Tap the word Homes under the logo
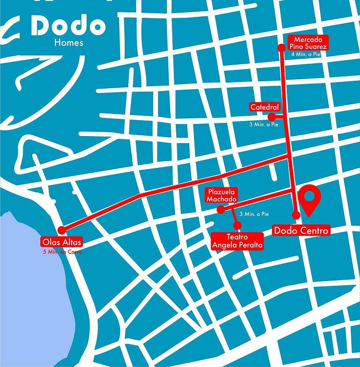(x=69, y=43)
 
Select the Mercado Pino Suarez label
(x=308, y=43)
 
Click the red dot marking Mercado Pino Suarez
(x=281, y=47)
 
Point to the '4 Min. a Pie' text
(x=306, y=54)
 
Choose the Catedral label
(x=265, y=107)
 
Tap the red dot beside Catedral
(x=271, y=116)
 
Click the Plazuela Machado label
(x=222, y=195)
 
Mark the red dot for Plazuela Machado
(x=221, y=210)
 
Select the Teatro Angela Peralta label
(x=237, y=241)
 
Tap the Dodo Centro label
(x=301, y=230)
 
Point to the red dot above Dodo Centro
(x=296, y=215)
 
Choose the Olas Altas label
(x=61, y=243)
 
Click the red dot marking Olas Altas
(x=61, y=230)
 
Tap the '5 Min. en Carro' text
(x=61, y=252)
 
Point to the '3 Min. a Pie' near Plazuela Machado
(x=254, y=214)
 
